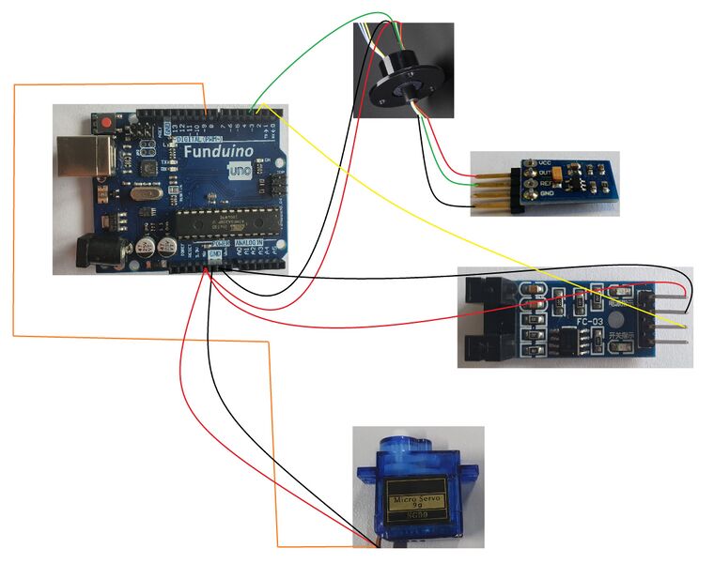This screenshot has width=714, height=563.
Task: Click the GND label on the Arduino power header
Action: click(215, 254)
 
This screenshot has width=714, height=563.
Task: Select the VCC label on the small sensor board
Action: click(545, 161)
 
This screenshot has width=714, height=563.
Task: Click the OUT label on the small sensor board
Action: click(545, 172)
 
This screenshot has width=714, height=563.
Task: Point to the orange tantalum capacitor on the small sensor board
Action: click(563, 174)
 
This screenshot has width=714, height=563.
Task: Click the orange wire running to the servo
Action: click(14, 235)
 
